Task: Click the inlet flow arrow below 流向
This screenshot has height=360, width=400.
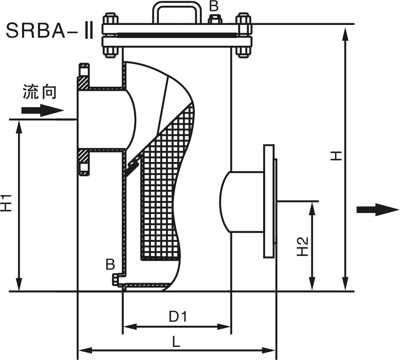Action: [42, 110]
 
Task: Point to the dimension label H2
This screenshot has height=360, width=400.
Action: [303, 246]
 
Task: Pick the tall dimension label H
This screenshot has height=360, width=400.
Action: [336, 155]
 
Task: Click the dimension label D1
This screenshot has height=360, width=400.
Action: [178, 316]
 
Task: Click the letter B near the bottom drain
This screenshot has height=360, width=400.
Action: [110, 264]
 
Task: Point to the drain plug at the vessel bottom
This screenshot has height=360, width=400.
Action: [116, 279]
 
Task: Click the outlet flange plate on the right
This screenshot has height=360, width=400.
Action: [268, 201]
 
